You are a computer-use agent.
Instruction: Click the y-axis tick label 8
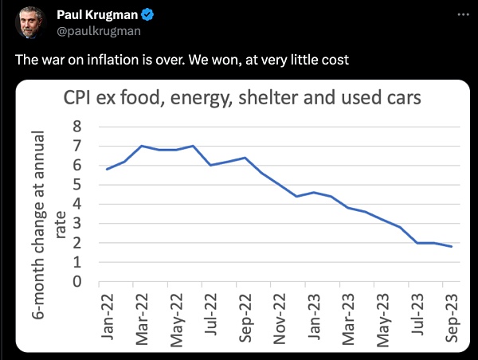pyautogui.click(x=77, y=126)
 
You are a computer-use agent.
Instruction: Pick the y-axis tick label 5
pyautogui.click(x=77, y=184)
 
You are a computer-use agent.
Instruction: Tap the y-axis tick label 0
pyautogui.click(x=77, y=281)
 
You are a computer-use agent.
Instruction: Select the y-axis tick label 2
pyautogui.click(x=77, y=243)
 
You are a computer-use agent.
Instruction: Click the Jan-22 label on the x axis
pyautogui.click(x=107, y=316)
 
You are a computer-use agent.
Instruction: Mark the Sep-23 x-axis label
pyautogui.click(x=450, y=316)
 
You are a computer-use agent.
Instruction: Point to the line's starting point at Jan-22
pyautogui.click(x=107, y=169)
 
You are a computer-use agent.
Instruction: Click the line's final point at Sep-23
pyautogui.click(x=450, y=246)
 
